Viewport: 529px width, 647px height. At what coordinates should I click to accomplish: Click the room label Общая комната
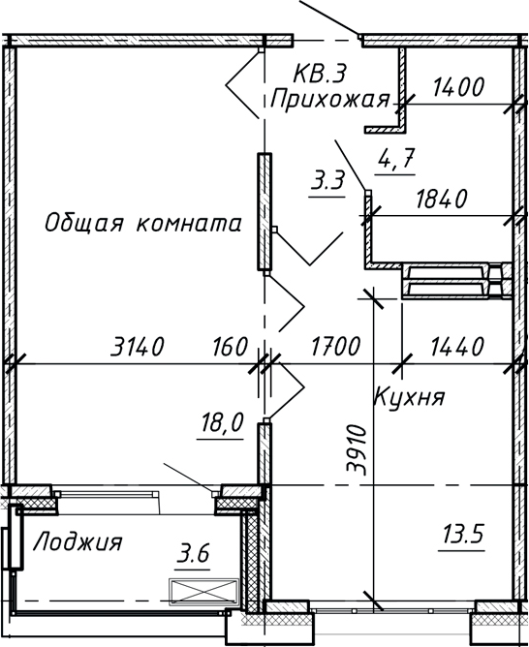tap(142, 224)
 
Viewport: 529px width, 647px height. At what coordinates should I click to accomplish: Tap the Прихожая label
tap(329, 99)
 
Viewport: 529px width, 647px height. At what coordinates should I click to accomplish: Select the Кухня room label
tap(409, 397)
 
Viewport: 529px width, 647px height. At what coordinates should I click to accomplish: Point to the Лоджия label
tap(78, 542)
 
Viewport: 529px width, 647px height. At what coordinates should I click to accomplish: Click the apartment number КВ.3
tap(320, 74)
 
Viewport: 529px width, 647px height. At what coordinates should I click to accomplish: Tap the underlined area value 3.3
tap(328, 180)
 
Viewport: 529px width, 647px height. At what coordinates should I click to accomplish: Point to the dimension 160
tap(229, 345)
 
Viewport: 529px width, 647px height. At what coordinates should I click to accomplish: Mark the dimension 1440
tap(453, 345)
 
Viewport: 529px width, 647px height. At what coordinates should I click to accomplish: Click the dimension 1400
tap(458, 87)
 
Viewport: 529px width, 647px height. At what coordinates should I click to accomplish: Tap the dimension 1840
tap(441, 199)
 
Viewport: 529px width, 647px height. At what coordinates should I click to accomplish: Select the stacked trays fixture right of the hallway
tap(451, 281)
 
